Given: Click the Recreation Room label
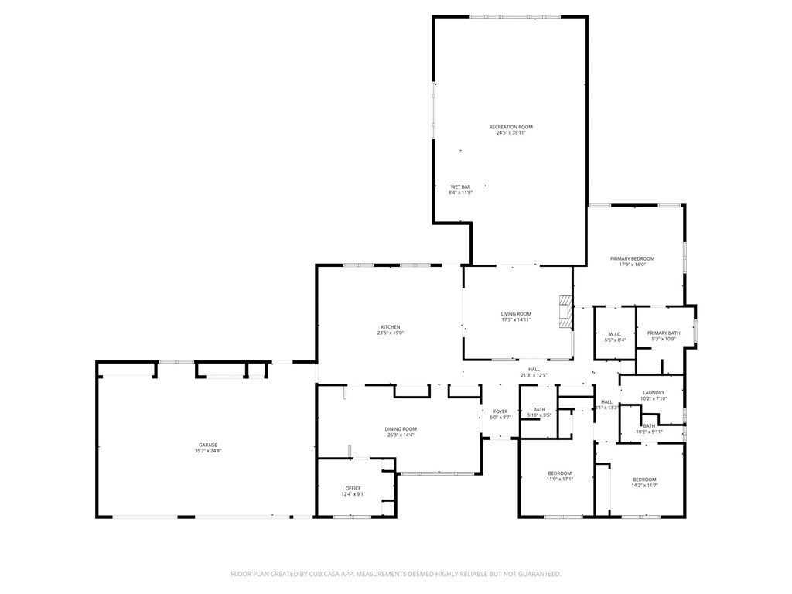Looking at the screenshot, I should pos(510,127).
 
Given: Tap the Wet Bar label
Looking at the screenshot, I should pos(460,186).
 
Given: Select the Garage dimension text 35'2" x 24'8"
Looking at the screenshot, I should pos(207,451).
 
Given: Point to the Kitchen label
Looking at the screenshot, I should pos(390,326).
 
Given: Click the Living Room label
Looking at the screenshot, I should pos(516,314).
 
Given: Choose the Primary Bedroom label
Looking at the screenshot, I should pos(632,258).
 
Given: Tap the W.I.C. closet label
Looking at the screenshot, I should pos(615,334).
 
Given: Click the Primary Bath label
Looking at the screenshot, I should pos(663,333).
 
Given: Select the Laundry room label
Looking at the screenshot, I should pos(654,393).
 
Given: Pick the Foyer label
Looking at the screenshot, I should pos(500,411).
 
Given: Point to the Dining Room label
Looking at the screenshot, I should pos(401,428).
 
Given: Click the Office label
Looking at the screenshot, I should pos(353,488).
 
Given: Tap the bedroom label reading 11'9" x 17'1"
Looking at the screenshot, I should pos(560,473).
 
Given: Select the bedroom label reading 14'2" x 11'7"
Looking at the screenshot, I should pos(643,479).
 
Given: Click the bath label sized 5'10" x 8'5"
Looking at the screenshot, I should pos(539,409).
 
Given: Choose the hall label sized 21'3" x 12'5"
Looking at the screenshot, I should pos(534,370).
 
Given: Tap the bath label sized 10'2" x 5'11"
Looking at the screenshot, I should pos(649,426).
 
